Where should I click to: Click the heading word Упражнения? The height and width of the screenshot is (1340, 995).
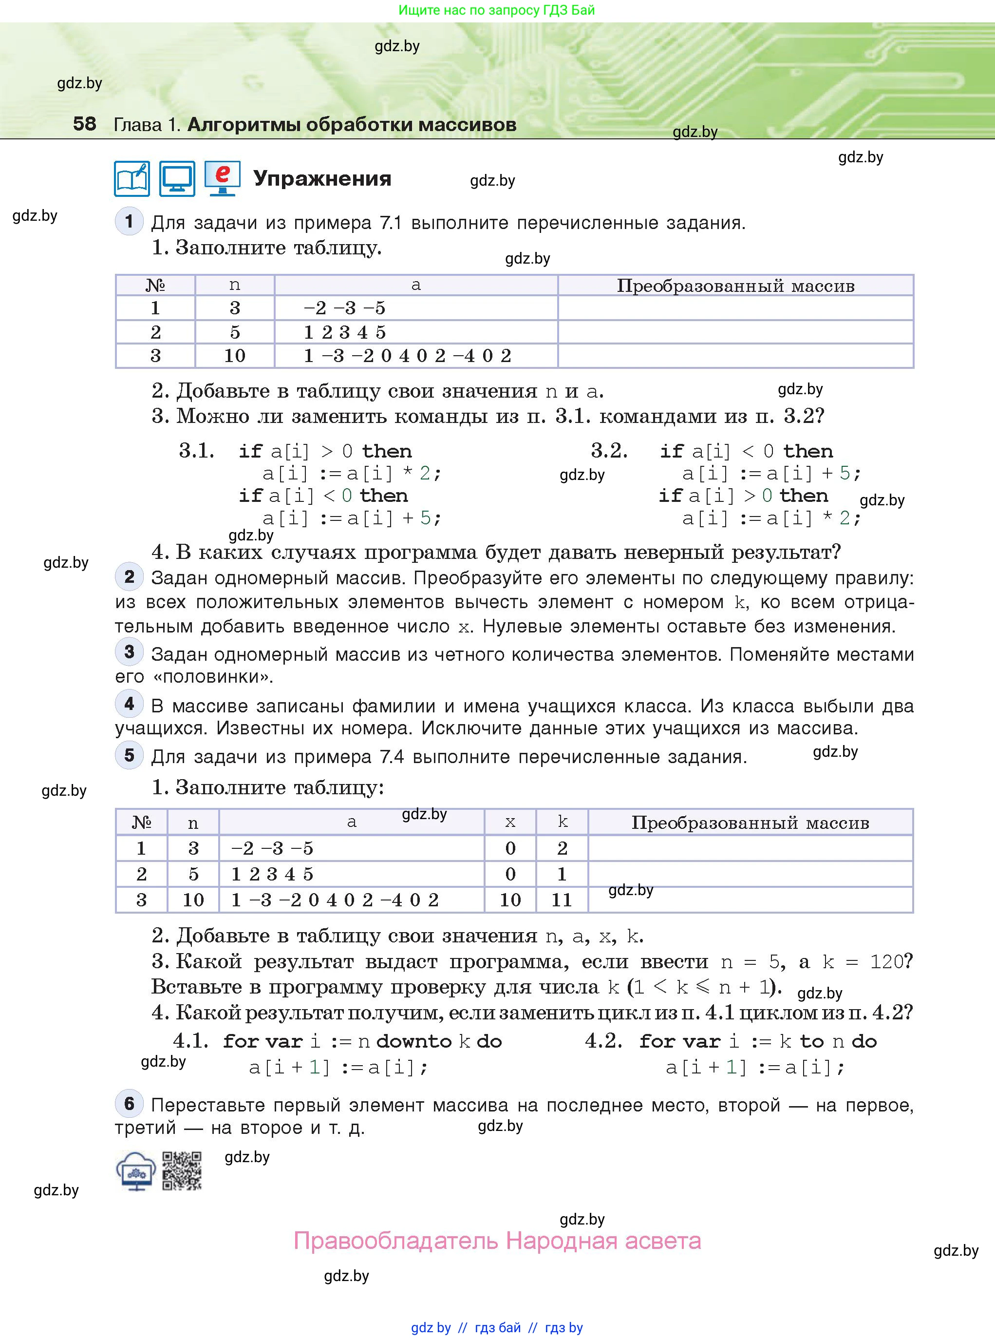[322, 178]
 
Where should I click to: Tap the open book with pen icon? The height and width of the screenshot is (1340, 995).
[132, 178]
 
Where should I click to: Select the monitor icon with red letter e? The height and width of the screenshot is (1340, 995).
[222, 178]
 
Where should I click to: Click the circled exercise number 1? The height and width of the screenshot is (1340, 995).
[129, 221]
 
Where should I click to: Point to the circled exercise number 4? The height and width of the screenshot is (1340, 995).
[129, 703]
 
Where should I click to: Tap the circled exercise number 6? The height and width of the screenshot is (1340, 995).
[129, 1103]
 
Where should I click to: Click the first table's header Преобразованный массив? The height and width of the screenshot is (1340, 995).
[735, 286]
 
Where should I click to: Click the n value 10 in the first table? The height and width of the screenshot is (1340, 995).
[234, 356]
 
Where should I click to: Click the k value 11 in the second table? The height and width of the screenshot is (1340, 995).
[562, 900]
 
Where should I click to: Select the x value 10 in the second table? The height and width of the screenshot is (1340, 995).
[510, 900]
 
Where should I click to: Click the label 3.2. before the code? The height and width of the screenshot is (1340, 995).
[609, 450]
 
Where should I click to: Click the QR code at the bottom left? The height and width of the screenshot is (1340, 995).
[182, 1171]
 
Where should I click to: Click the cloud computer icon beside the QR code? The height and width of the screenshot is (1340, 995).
[136, 1171]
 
